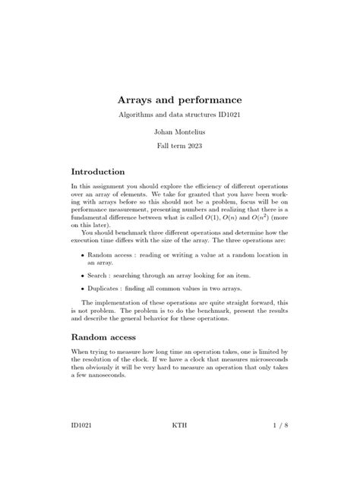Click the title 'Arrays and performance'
(179, 99)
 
